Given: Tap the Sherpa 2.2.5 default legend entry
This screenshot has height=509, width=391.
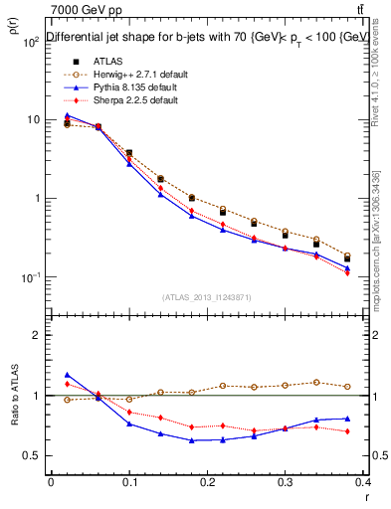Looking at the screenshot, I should pyautogui.click(x=130, y=100).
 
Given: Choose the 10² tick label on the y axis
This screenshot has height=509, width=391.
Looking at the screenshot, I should pyautogui.click(x=31, y=42).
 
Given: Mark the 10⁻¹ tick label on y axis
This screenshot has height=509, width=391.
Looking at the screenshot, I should pyautogui.click(x=31, y=276).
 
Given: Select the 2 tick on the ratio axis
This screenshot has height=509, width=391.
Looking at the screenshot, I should pyautogui.click(x=37, y=335).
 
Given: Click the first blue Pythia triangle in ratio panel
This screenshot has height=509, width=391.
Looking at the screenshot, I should pyautogui.click(x=67, y=375).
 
